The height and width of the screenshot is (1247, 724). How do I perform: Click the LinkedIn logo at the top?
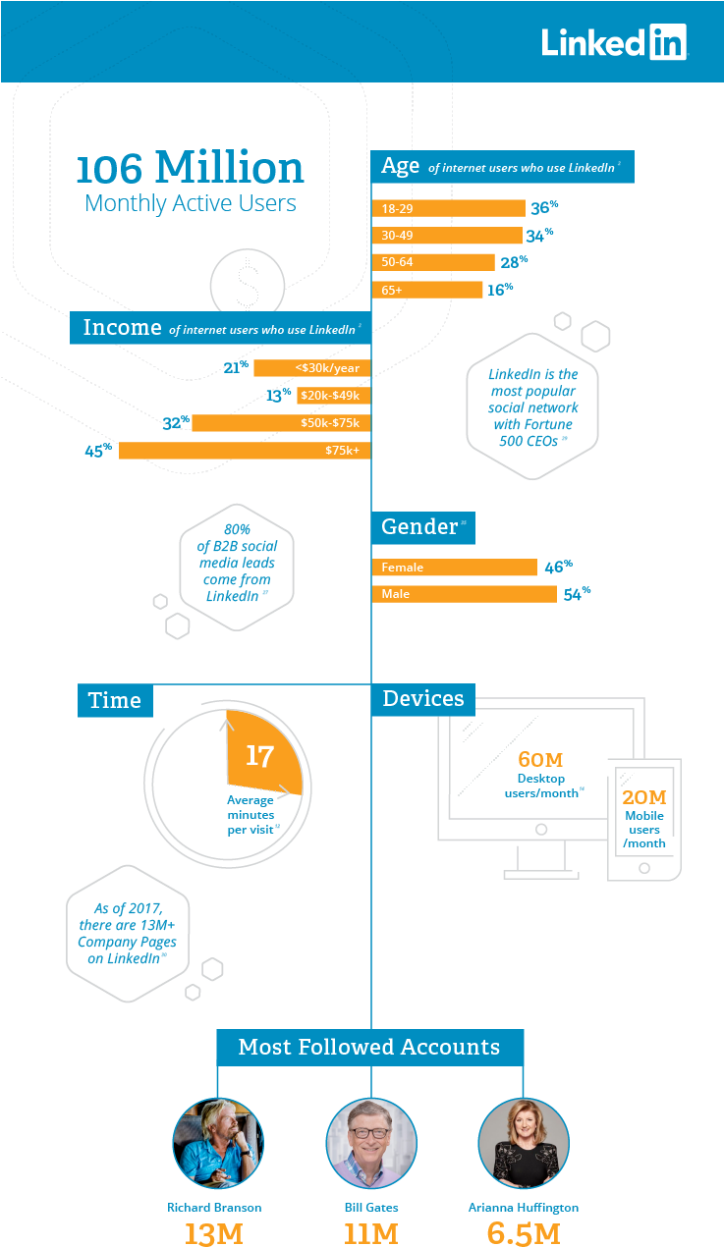click(x=613, y=42)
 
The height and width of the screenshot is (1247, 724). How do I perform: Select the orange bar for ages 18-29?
click(x=448, y=208)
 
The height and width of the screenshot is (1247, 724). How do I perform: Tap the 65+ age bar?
click(x=427, y=290)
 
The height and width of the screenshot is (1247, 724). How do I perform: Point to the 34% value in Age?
click(x=540, y=236)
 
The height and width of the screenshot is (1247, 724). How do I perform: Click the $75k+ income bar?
click(x=245, y=451)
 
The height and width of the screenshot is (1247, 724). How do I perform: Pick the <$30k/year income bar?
click(x=311, y=368)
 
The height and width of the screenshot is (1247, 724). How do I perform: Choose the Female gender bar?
click(x=454, y=568)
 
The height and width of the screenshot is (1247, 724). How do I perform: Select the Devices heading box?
click(x=423, y=699)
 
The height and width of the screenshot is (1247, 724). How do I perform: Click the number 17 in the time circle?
click(x=259, y=755)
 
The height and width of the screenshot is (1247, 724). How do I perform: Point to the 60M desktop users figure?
click(x=539, y=760)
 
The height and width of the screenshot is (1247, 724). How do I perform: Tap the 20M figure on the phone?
click(x=644, y=796)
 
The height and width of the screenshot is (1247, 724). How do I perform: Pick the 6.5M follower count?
click(x=524, y=1233)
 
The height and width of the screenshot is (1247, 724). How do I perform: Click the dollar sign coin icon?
click(x=247, y=286)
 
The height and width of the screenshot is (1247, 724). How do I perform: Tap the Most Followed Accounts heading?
click(x=369, y=1047)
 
